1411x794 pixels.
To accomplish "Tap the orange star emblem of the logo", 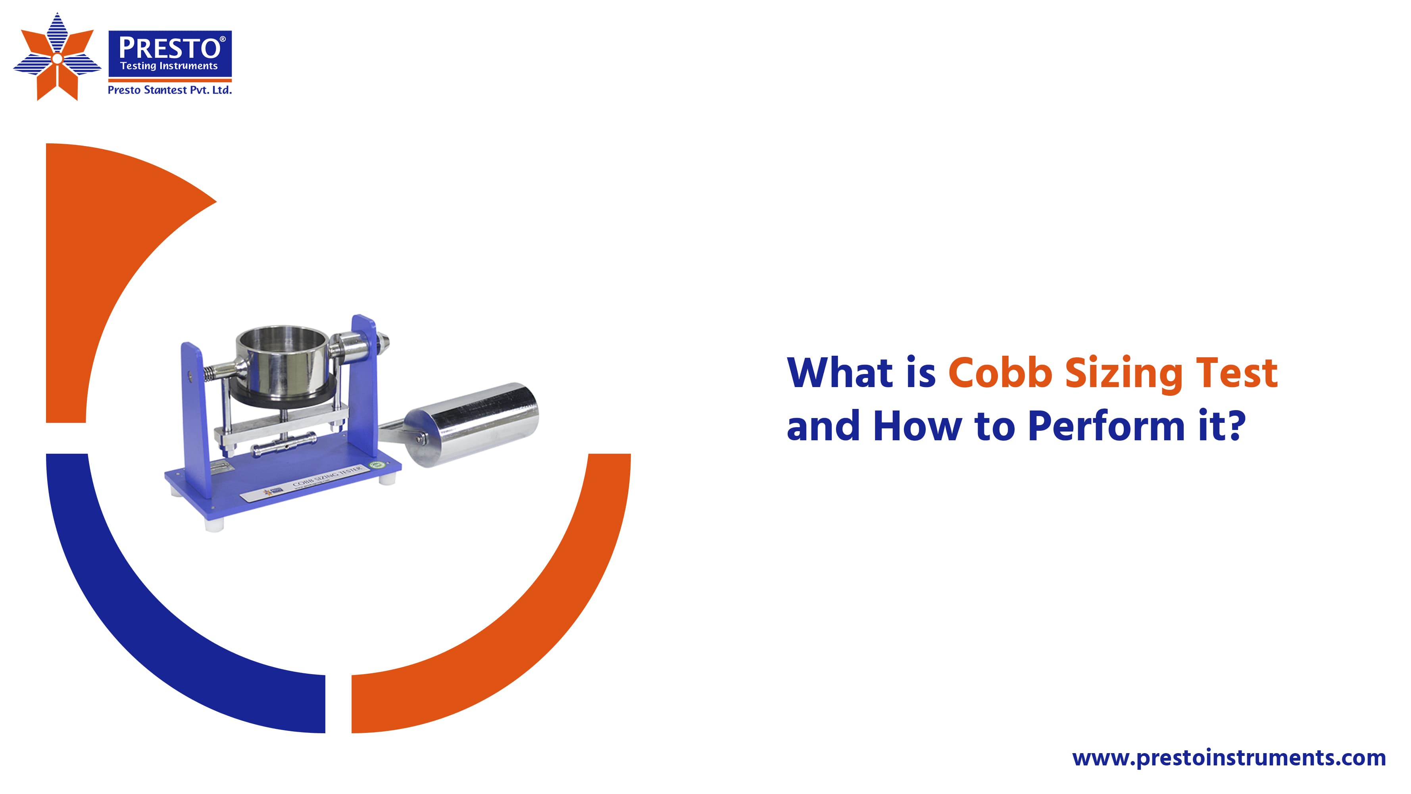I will point(57,58).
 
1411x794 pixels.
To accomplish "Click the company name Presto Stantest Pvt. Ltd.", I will point(169,90).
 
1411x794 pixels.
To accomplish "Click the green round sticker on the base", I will point(376,466).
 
